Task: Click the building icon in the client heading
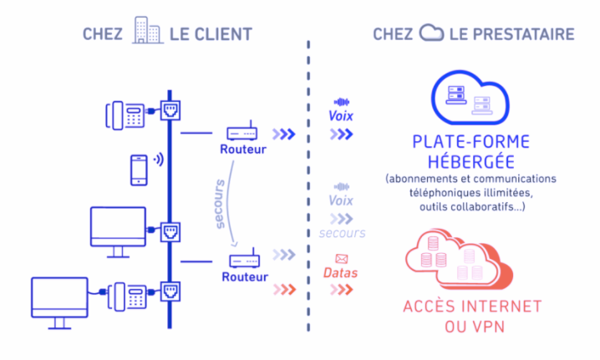(x=147, y=32)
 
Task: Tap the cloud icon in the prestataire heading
(x=431, y=33)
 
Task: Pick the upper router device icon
(x=243, y=133)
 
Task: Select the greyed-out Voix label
(x=340, y=201)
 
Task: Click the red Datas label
(x=341, y=274)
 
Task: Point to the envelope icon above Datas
(x=341, y=258)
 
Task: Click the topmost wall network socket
(x=170, y=109)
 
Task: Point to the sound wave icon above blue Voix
(x=341, y=101)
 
